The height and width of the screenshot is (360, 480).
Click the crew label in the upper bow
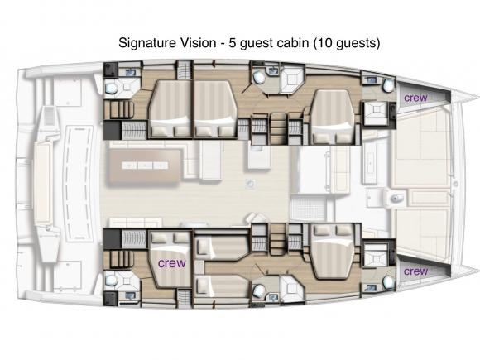coord(415,98)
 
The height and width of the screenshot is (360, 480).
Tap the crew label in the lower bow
coord(415,271)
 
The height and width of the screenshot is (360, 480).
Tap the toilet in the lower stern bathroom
coord(112,282)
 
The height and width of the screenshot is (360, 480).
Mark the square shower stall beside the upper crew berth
coord(377,112)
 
